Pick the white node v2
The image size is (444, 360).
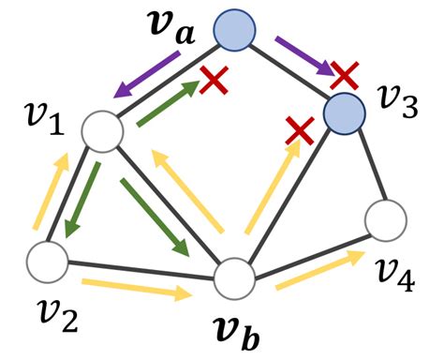pos(48,260)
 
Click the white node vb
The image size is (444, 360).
pos(235,279)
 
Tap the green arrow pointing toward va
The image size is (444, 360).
pos(170,102)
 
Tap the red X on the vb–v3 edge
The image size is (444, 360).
pos(299,130)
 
